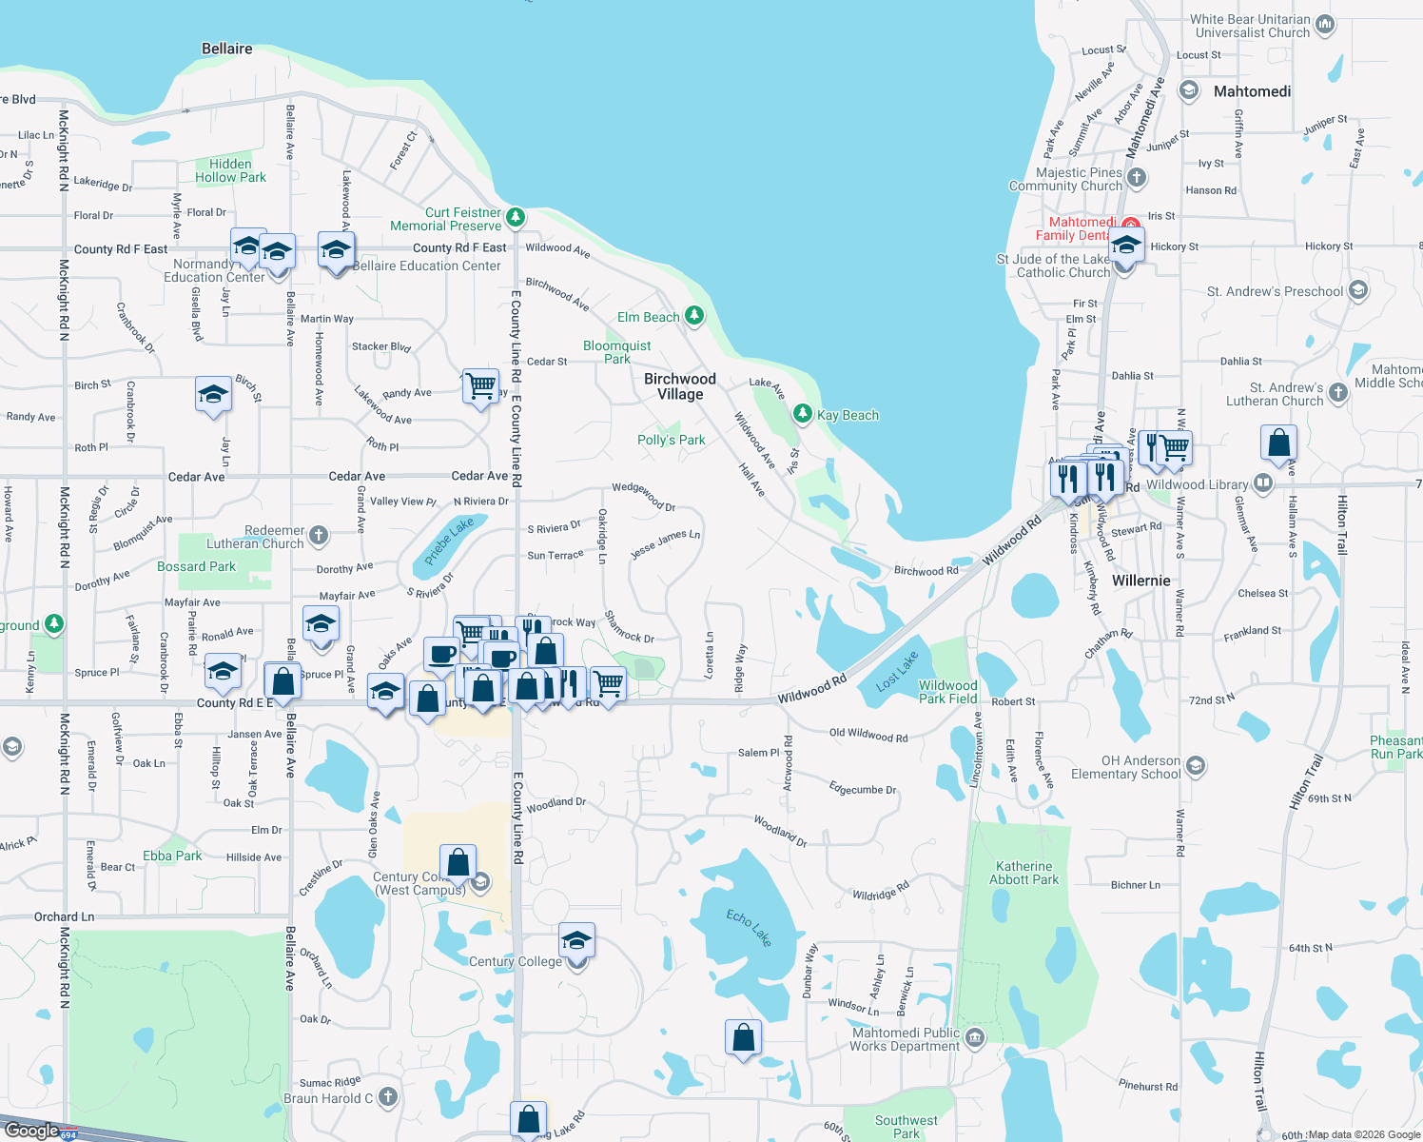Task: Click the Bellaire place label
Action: [x=226, y=49]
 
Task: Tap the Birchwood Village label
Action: [x=680, y=386]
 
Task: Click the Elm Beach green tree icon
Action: [x=695, y=315]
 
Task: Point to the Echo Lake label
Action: [x=749, y=928]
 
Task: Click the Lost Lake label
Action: [x=897, y=671]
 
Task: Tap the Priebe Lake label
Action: [x=448, y=541]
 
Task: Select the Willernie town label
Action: [x=1140, y=581]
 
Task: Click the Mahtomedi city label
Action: [x=1252, y=91]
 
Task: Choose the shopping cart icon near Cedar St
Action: [x=480, y=386]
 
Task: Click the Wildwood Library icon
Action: [x=1263, y=483]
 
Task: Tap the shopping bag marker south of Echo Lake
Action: [x=743, y=1037]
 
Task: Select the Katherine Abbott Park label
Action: [x=1023, y=873]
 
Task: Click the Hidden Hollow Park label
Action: [x=230, y=170]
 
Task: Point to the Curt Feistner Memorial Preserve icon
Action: [x=516, y=217]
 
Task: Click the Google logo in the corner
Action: [x=31, y=1130]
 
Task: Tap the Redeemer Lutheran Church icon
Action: [x=319, y=536]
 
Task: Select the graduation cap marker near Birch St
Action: [x=213, y=394]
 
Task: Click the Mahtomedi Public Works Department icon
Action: [x=975, y=1037]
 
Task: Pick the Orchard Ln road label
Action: [x=64, y=916]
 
